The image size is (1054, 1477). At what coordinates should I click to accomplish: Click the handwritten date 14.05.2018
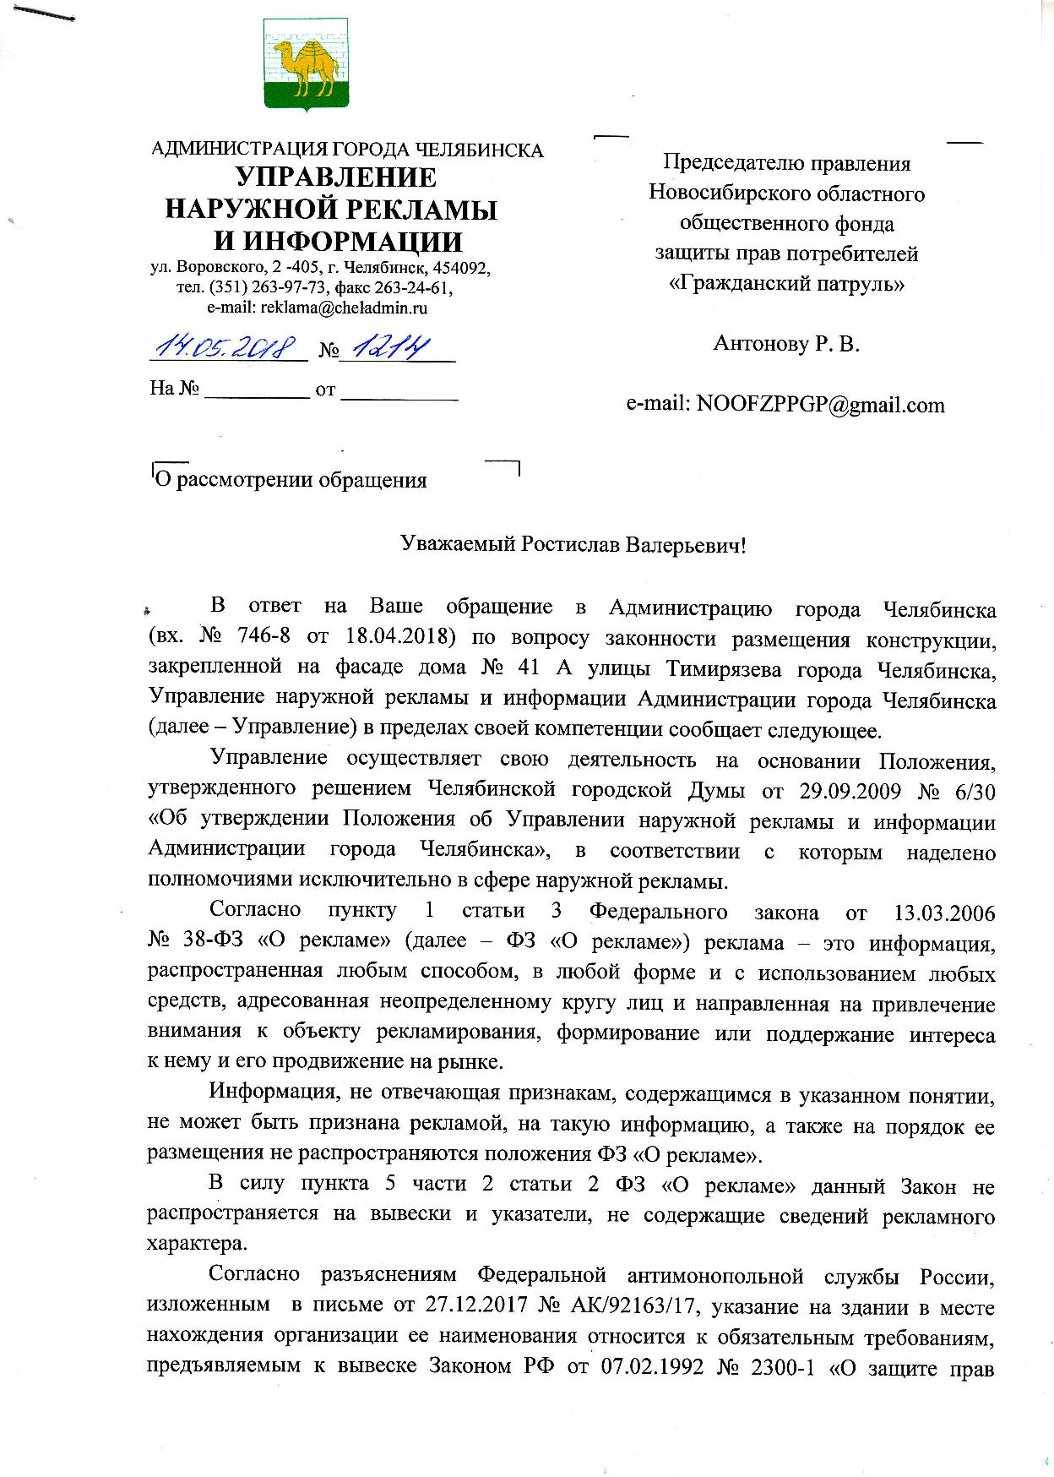point(227,346)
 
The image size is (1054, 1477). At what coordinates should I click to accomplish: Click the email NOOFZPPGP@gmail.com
point(819,405)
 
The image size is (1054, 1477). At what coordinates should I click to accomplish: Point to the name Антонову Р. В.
point(786,343)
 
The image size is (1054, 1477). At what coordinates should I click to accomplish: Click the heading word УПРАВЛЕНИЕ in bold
point(335,177)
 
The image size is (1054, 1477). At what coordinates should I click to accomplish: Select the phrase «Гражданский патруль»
point(786,283)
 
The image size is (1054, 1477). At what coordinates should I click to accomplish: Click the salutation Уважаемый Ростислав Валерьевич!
point(573,544)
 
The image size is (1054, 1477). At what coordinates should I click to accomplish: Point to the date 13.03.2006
point(943,913)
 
